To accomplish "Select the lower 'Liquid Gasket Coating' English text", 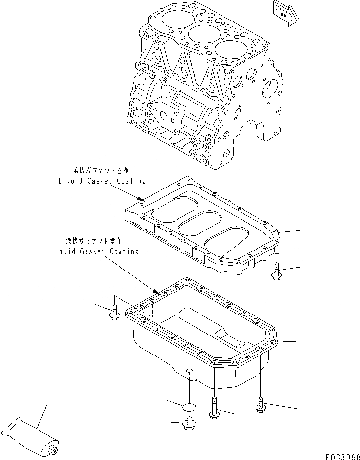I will [95, 251].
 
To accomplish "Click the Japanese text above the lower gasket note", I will [94, 241].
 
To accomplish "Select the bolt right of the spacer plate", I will [276, 271].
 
